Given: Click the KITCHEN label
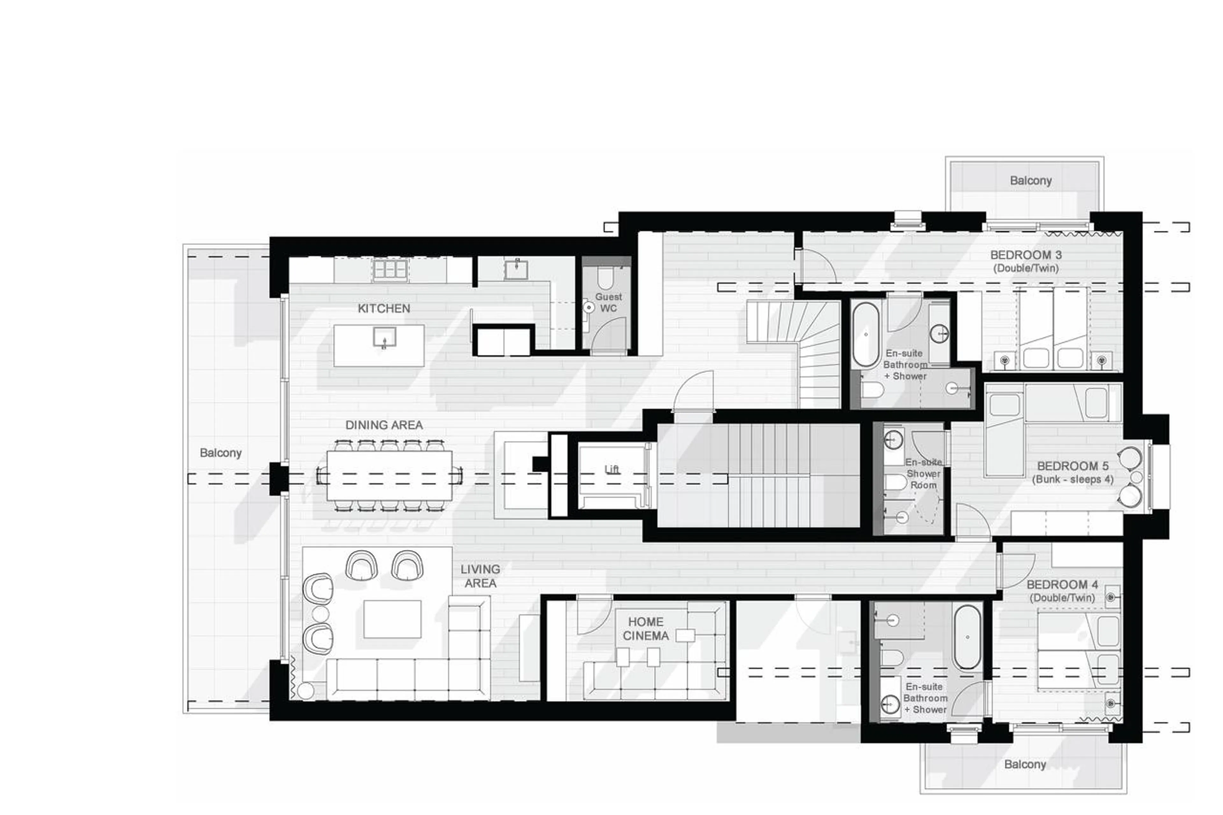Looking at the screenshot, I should (x=383, y=308).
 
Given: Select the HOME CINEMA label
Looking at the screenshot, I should (x=646, y=628).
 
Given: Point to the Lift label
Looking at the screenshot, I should (x=612, y=469).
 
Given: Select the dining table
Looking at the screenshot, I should (x=389, y=475).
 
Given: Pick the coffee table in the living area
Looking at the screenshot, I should (x=392, y=619).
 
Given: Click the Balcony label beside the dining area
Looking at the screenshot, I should (x=220, y=453).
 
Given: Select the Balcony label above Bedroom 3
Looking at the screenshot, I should (x=1030, y=180).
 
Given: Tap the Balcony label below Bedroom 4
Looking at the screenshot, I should (x=1025, y=764).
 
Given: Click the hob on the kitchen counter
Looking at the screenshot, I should (x=390, y=269).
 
